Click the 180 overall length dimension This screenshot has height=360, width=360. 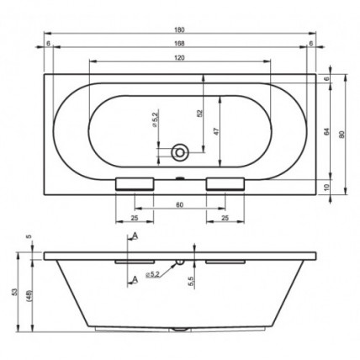click(x=179, y=29)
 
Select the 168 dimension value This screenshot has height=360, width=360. click(x=179, y=43)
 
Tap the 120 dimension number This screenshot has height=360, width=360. click(x=179, y=58)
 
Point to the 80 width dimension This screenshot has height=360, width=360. click(x=341, y=135)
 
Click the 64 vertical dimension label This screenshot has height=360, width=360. click(x=326, y=132)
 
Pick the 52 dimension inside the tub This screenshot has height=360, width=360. click(x=199, y=113)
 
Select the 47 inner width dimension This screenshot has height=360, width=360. click(x=216, y=131)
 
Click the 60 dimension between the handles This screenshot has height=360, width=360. click(x=179, y=205)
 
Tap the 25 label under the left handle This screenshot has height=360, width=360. click(x=135, y=218)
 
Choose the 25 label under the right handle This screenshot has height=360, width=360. click(x=225, y=218)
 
